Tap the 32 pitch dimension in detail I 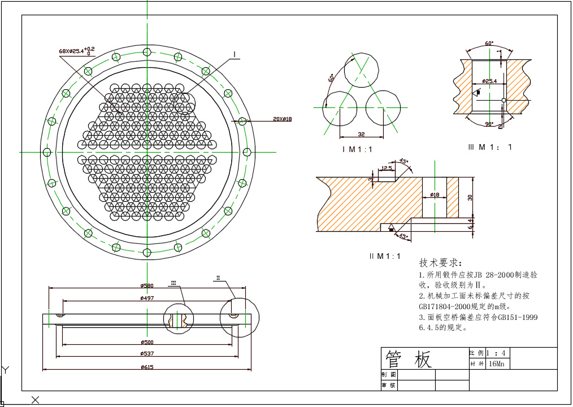361,134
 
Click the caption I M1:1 357,149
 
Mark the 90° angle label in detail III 489,123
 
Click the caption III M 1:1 490,147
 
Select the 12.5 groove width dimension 387,168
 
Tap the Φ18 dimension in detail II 435,194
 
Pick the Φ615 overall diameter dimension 146,367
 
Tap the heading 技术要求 440,263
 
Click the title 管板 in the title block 408,359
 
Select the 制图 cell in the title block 389,375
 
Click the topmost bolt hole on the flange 147,52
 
